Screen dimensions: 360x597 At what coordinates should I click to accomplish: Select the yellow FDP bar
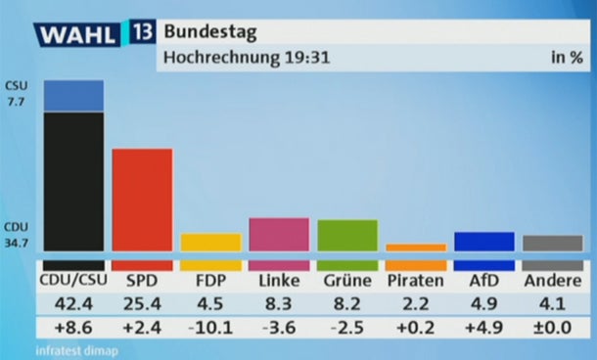point(211,242)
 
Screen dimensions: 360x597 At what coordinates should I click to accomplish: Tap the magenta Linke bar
point(279,234)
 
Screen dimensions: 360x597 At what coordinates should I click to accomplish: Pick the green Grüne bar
point(347,235)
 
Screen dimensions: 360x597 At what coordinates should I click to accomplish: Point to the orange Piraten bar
point(416,247)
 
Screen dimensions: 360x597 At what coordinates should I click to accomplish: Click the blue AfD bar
point(484,241)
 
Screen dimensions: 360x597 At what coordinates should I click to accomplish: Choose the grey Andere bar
point(553,243)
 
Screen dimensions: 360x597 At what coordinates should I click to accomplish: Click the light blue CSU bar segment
point(74,95)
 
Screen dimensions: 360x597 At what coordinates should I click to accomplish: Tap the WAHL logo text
point(78,34)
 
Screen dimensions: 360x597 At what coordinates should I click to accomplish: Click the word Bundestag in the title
point(209,32)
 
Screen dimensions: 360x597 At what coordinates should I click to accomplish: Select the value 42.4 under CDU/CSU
point(74,303)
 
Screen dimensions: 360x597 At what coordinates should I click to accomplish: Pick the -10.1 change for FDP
point(211,328)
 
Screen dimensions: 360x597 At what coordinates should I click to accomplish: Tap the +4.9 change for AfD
point(484,328)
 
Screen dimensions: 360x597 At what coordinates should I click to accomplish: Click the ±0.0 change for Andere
point(553,328)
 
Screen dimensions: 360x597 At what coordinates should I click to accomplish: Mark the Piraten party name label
point(416,282)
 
